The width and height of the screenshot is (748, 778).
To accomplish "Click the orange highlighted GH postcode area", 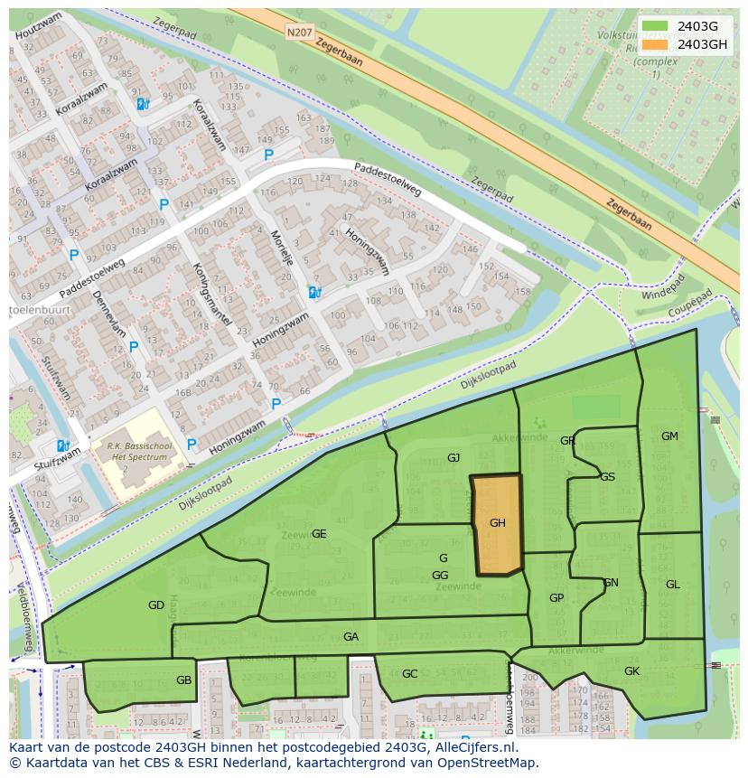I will click(x=498, y=524).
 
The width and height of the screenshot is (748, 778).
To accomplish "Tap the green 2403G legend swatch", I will click(x=657, y=26).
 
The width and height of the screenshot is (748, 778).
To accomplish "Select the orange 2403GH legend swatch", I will click(x=657, y=43).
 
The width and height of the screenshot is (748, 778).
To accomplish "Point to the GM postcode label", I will click(x=669, y=436).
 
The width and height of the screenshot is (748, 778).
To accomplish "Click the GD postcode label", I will click(x=156, y=605).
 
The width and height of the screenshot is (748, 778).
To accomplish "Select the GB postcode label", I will click(x=184, y=680).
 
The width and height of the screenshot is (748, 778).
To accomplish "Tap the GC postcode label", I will click(x=410, y=674).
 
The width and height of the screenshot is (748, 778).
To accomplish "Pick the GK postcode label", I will click(x=631, y=671).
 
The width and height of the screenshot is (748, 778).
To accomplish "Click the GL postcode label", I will click(x=673, y=585).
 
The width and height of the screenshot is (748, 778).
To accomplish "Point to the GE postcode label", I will click(x=319, y=534).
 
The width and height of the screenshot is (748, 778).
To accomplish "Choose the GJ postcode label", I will click(x=453, y=458).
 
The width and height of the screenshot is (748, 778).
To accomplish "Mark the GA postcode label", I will click(x=351, y=637).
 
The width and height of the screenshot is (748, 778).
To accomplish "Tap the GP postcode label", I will click(x=556, y=598).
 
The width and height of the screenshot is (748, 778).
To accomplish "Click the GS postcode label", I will click(x=607, y=477).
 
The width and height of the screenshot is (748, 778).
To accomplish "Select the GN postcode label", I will click(x=611, y=583).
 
